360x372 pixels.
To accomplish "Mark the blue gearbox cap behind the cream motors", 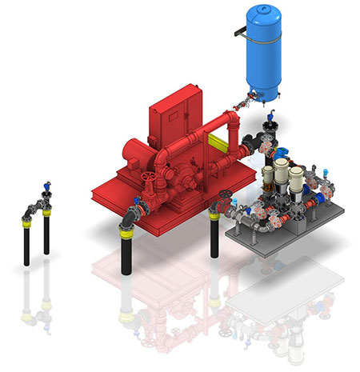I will coord(282,154).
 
